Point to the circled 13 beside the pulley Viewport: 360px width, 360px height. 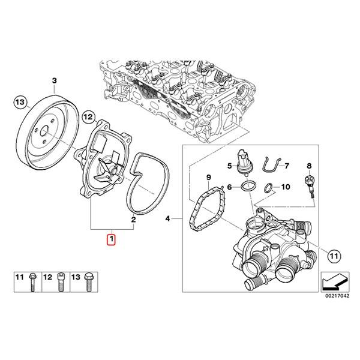20,103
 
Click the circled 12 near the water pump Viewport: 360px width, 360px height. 88,115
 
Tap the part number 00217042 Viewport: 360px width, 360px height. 335,295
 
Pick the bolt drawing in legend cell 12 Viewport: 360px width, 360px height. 60,282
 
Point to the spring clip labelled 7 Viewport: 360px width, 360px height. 270,166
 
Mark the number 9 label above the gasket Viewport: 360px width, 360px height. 209,178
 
